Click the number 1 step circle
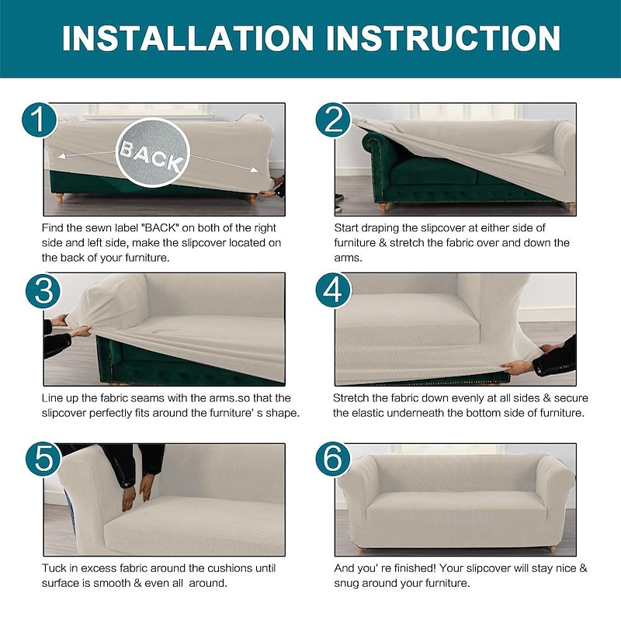[x=39, y=120]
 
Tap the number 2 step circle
[x=333, y=120]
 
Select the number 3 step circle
[x=43, y=290]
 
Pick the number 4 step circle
[x=333, y=290]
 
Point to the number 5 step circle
[x=43, y=460]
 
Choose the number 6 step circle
[x=333, y=460]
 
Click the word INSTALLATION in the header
[x=188, y=38]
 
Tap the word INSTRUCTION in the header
[x=442, y=38]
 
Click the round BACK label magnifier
[x=153, y=152]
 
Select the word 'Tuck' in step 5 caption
[x=54, y=568]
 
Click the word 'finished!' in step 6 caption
[x=410, y=568]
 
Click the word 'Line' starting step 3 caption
[x=52, y=397]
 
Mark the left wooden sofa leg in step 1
[x=60, y=198]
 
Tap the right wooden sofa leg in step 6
[x=553, y=550]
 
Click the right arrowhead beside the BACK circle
[x=254, y=170]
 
